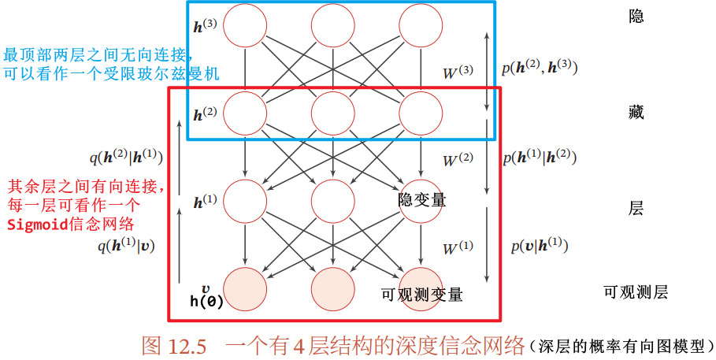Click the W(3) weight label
point(459,73)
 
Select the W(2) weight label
point(458,161)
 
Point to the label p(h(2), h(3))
point(540,68)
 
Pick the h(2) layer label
point(205,113)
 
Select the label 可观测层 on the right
point(636,293)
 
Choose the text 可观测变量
point(421,295)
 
